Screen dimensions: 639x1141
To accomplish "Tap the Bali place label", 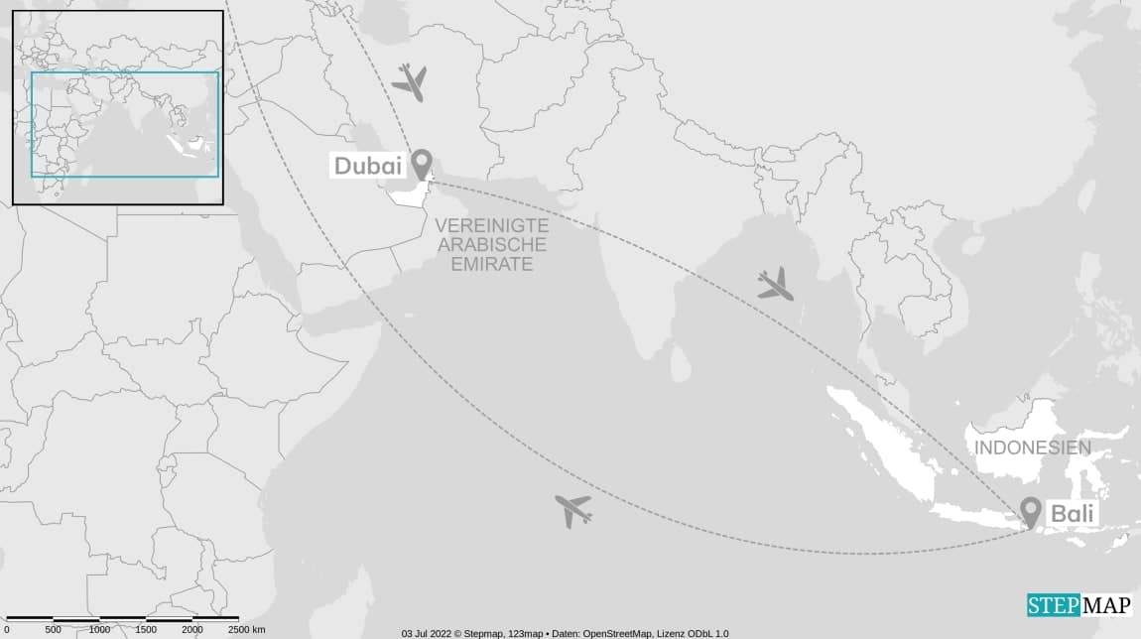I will [x=1072, y=514].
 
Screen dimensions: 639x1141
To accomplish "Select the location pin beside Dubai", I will [x=422, y=164].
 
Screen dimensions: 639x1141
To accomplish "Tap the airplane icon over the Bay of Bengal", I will [x=775, y=285].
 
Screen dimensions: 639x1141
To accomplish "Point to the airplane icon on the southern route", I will [x=573, y=510].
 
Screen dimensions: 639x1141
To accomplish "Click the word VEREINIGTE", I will [x=491, y=226].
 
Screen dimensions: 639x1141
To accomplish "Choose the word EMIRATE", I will [x=490, y=264].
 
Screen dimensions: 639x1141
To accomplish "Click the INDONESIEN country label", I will [x=1032, y=447].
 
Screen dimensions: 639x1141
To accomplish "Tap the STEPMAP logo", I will [x=1078, y=605].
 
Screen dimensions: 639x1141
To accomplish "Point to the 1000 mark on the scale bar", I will [x=100, y=630].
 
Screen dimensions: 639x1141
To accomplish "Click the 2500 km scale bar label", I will [x=246, y=630].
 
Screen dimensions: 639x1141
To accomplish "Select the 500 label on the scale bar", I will [x=54, y=630].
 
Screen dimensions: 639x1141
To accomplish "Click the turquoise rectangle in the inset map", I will [x=125, y=73].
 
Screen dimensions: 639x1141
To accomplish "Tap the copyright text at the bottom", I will [x=565, y=633].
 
